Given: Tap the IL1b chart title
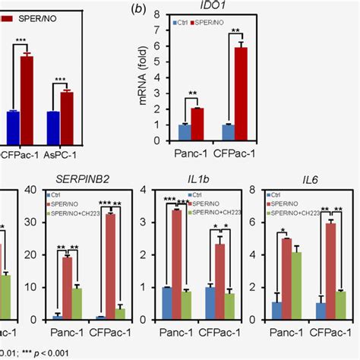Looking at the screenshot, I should [x=188, y=181].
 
